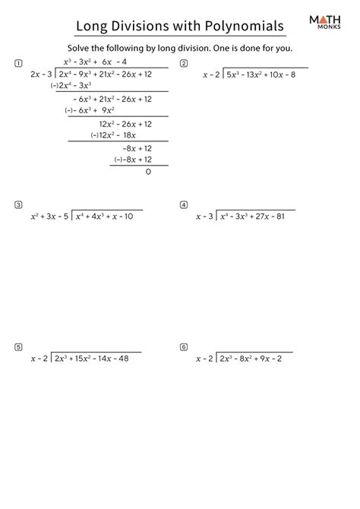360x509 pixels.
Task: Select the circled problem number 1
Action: pos(17,63)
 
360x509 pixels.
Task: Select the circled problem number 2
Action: pos(184,63)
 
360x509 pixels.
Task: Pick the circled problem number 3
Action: pos(17,204)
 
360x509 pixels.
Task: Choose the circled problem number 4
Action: pos(184,204)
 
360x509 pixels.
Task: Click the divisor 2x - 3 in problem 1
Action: pos(42,74)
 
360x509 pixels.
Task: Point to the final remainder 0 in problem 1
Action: pos(148,172)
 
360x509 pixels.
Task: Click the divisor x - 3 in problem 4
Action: pos(205,217)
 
